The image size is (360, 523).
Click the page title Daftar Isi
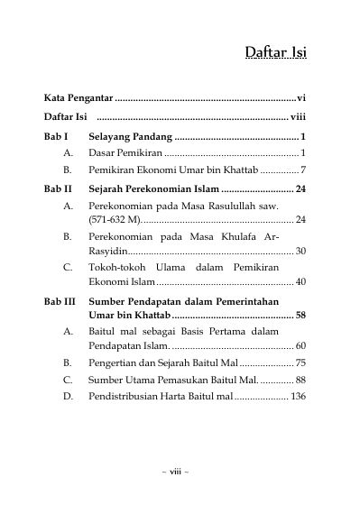click(275, 52)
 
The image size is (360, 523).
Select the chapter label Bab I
click(56, 136)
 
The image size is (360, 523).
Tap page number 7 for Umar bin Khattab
click(304, 170)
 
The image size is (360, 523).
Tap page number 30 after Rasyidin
click(300, 251)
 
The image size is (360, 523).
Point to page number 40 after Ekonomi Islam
click(300, 282)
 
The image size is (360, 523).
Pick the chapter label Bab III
click(60, 300)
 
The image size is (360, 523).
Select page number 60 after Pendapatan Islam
click(300, 346)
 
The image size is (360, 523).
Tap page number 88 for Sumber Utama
click(300, 381)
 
